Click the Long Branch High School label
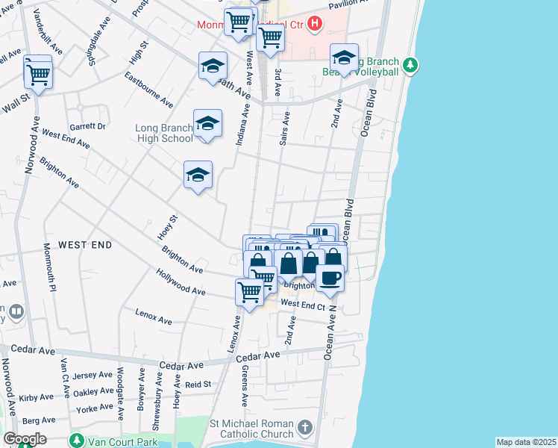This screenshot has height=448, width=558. click(x=163, y=133)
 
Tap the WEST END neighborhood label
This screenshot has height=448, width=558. click(x=85, y=245)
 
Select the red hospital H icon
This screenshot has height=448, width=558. click(x=315, y=24)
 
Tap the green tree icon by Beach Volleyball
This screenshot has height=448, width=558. click(x=410, y=66)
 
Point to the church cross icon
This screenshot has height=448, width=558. click(x=304, y=428)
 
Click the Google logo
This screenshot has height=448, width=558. click(x=24, y=439)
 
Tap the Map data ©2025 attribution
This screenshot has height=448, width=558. click(x=526, y=442)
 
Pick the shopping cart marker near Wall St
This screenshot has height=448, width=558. click(x=37, y=73)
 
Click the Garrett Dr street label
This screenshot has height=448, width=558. click(x=87, y=127)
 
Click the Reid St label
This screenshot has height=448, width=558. click(x=198, y=384)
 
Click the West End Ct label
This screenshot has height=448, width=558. click(x=302, y=305)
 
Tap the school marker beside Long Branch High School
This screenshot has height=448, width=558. click(x=207, y=124)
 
